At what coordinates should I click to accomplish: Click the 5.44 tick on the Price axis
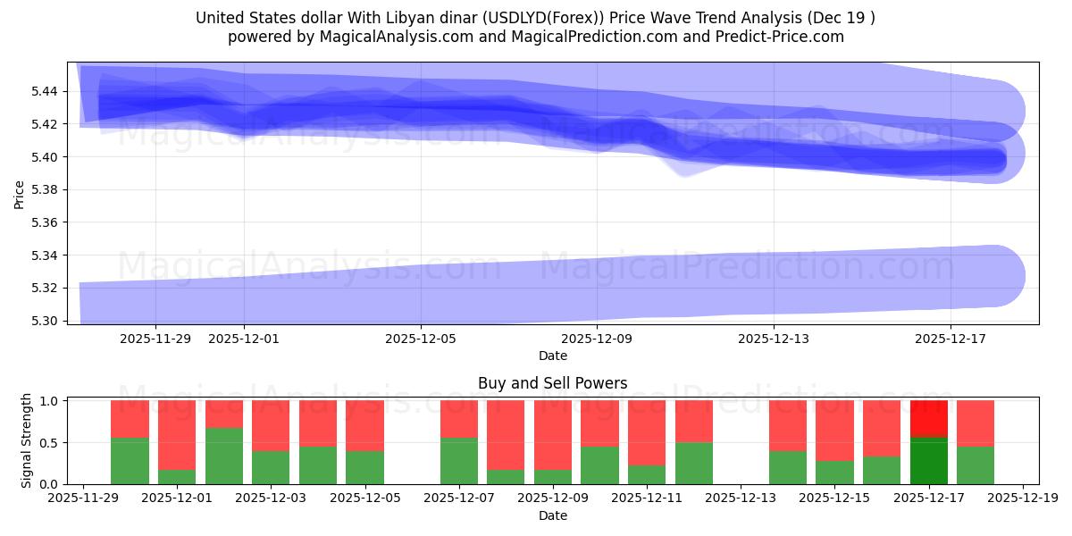point(46,91)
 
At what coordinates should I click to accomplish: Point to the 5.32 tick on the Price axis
point(46,288)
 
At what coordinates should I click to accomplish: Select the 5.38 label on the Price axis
point(46,189)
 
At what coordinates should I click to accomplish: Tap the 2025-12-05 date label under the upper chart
point(421,339)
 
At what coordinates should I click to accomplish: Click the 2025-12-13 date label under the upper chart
point(774,339)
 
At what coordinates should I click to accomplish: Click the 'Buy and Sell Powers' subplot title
point(552,383)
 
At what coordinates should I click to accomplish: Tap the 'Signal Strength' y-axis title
point(27,440)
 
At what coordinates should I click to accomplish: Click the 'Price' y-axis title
point(20,193)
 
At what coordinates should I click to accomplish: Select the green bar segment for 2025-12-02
point(224,456)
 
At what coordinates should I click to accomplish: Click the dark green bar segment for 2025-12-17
point(929,460)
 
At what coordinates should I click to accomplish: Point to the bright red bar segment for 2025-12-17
point(929,418)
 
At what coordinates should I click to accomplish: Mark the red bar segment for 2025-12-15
point(834,431)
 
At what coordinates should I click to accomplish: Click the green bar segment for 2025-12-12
point(694,463)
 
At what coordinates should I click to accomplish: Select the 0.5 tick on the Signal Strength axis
point(52,442)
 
